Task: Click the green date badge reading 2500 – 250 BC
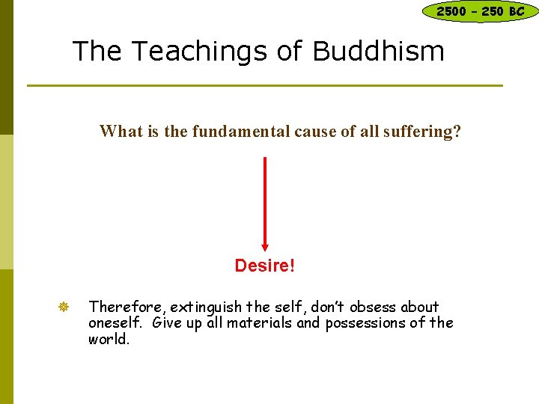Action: pos(480,11)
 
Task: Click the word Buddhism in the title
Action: pos(378,51)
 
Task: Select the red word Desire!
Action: pos(265,266)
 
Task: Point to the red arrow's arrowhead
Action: pos(265,245)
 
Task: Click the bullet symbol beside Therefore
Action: pos(64,307)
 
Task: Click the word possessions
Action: pos(363,323)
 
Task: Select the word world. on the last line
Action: pos(109,339)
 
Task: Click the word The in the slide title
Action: pos(94,51)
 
